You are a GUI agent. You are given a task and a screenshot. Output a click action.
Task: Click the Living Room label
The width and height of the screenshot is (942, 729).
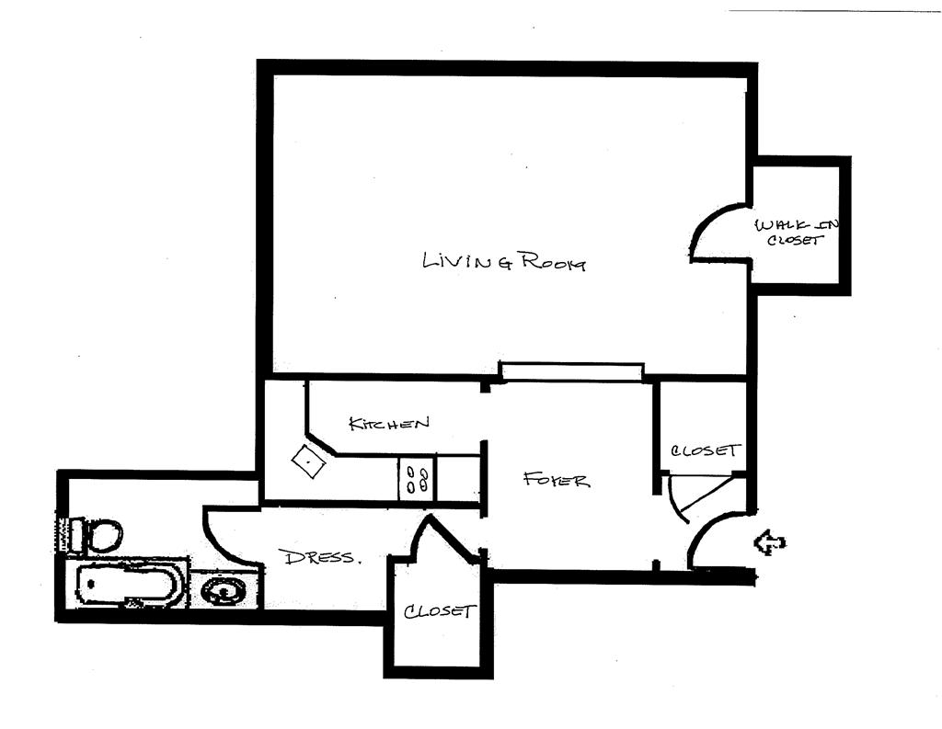click(503, 261)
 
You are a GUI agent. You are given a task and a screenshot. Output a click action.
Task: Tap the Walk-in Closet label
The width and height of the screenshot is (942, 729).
click(797, 233)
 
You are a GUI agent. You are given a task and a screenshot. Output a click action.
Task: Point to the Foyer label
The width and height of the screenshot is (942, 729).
click(556, 479)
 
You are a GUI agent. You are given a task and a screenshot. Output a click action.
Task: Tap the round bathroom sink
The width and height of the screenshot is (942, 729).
click(224, 590)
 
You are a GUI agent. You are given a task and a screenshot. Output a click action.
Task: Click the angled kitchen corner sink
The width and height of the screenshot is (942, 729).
click(309, 461)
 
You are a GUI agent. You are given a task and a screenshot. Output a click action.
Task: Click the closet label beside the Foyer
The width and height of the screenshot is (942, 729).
click(705, 450)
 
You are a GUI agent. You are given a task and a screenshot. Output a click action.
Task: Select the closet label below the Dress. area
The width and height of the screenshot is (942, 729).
click(440, 611)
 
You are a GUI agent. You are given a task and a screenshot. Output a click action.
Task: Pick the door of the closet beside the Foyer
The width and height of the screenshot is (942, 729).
click(690, 497)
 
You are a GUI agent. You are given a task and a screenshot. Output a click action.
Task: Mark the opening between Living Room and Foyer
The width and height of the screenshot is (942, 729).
click(569, 370)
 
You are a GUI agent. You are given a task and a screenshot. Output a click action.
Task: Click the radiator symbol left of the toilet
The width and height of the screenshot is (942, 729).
click(63, 535)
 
